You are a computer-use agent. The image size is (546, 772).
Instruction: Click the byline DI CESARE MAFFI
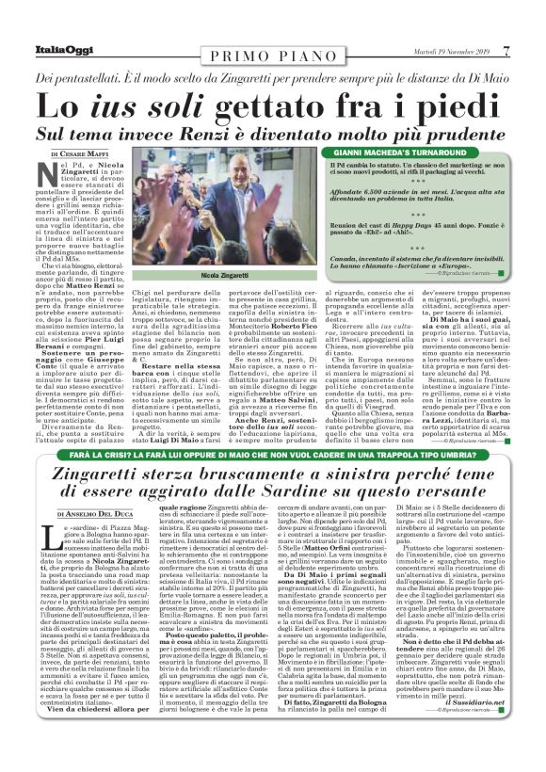coord(85,152)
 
